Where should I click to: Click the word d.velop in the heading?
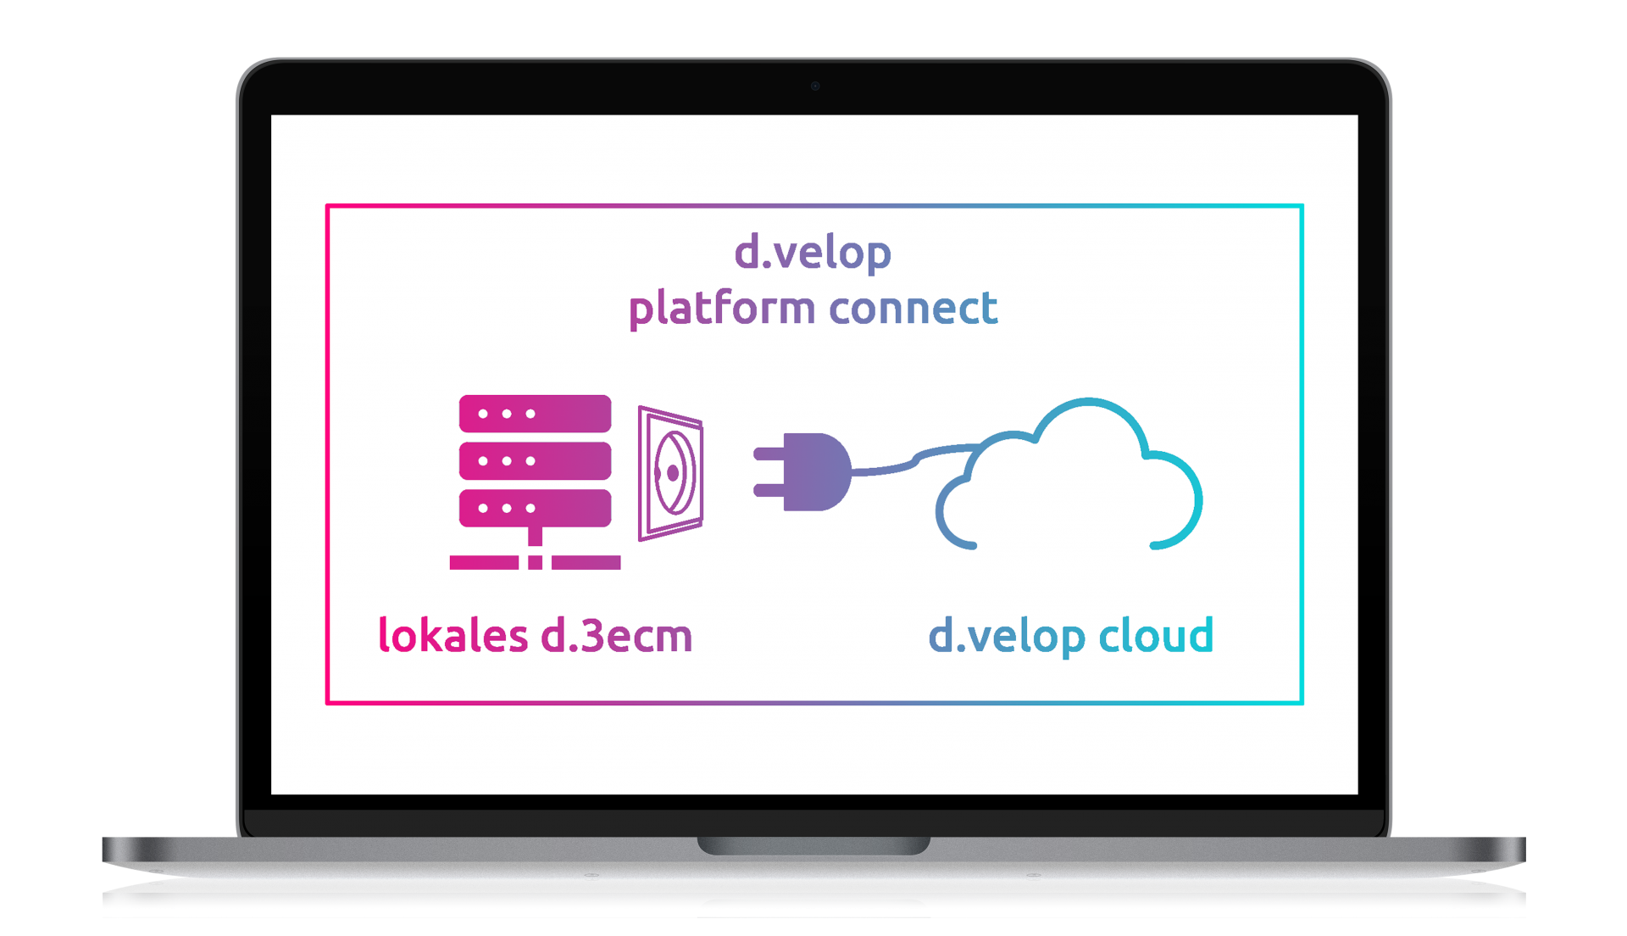click(x=812, y=253)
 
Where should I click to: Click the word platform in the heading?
click(x=721, y=308)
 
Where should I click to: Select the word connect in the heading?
click(x=913, y=308)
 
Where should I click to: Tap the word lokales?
click(x=453, y=636)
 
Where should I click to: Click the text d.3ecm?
click(x=616, y=636)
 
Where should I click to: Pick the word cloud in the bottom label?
click(x=1156, y=636)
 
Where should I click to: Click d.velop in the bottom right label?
click(x=1006, y=636)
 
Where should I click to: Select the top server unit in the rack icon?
click(x=535, y=414)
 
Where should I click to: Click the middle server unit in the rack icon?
click(x=535, y=461)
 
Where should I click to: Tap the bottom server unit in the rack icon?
click(x=535, y=509)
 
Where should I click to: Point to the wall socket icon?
click(x=671, y=473)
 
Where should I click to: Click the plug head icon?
click(x=815, y=472)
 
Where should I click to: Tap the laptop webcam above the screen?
click(x=815, y=86)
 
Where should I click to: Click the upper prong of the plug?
click(x=769, y=454)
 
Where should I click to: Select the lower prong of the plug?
click(x=769, y=490)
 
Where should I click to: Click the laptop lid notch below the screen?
click(x=813, y=845)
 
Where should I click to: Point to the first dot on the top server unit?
click(x=483, y=414)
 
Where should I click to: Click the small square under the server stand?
click(x=535, y=563)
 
